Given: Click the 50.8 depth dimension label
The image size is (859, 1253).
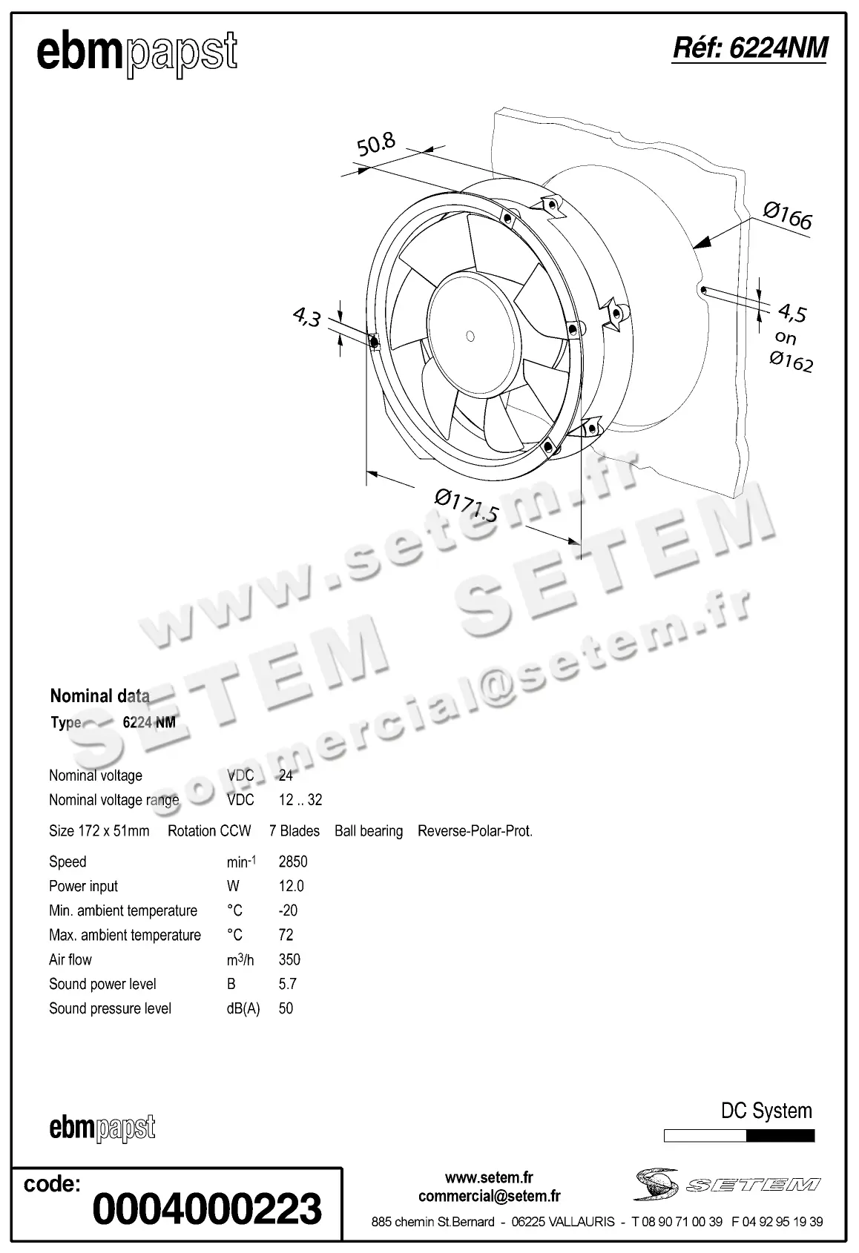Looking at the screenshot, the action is (x=376, y=145).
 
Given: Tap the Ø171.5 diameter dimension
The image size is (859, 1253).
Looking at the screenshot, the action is (x=466, y=504).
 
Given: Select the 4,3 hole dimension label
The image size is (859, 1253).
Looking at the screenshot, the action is (x=306, y=317).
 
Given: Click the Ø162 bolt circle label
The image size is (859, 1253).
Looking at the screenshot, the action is (x=791, y=362).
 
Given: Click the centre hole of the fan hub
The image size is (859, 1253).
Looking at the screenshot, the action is (x=470, y=336).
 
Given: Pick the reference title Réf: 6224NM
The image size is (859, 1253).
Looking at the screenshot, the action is (x=749, y=48).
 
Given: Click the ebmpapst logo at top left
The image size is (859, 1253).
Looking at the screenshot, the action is (x=137, y=53).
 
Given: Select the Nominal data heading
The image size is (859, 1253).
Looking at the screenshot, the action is (x=99, y=695).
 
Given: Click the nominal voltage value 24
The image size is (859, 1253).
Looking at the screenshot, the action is (x=286, y=776).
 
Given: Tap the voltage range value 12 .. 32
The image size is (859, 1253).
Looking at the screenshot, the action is (x=300, y=800).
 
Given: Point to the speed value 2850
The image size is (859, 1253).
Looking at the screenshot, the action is (x=293, y=862).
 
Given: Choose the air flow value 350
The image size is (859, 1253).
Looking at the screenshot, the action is (x=289, y=959).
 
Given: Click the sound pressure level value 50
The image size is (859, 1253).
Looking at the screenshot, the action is (x=286, y=1008).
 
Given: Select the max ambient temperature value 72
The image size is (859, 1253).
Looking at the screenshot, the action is (x=286, y=935).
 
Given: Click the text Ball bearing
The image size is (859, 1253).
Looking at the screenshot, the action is (x=369, y=831).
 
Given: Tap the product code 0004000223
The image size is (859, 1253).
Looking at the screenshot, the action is (x=207, y=1209).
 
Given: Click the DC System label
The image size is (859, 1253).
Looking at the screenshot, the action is (x=766, y=1111).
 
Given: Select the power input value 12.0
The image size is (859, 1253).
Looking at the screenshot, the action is (x=291, y=886).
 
